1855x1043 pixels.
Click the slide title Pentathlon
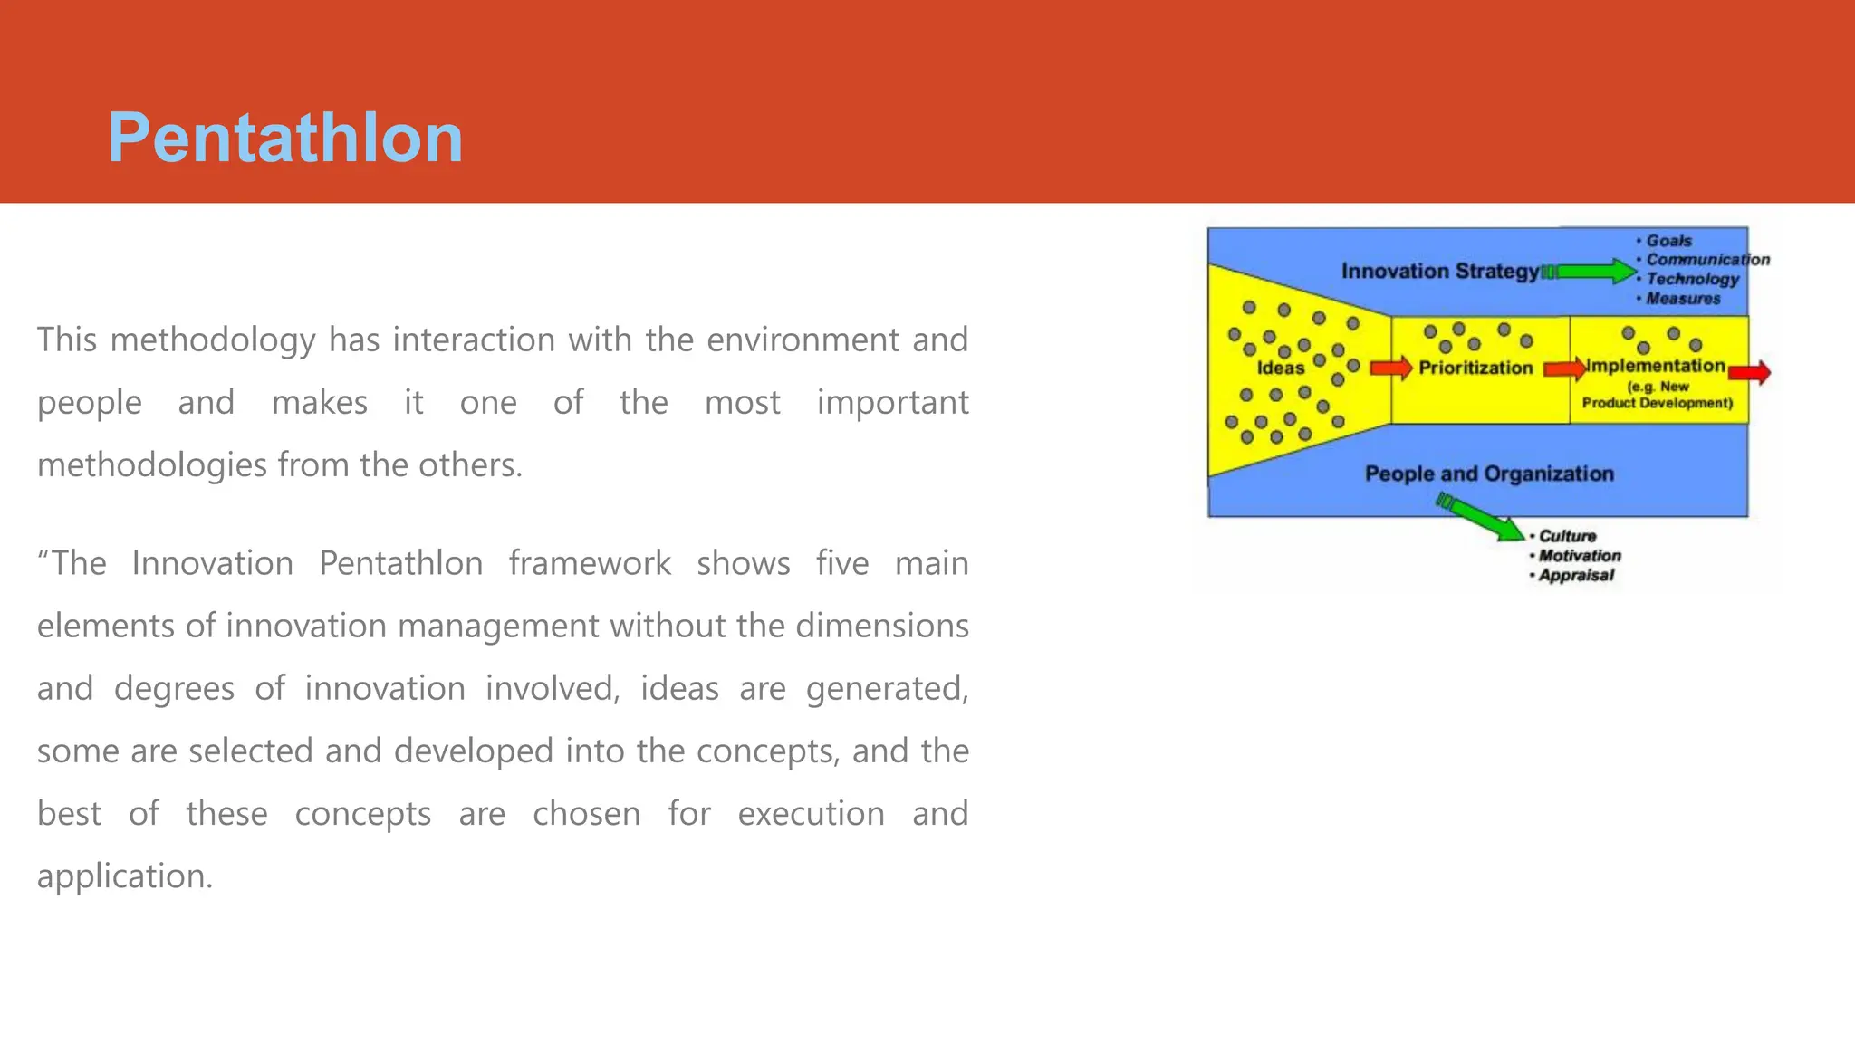(x=285, y=138)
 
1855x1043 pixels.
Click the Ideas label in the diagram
(x=1280, y=368)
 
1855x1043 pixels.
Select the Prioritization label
(x=1475, y=368)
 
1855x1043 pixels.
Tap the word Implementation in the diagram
(x=1655, y=366)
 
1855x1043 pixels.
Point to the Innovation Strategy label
(x=1439, y=271)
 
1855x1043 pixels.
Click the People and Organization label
(x=1489, y=474)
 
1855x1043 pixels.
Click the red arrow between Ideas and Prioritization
(x=1391, y=368)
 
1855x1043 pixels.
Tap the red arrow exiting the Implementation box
(x=1750, y=372)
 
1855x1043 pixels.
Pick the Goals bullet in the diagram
(x=1668, y=241)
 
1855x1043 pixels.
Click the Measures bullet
(x=1683, y=299)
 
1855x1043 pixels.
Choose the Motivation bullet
(x=1580, y=556)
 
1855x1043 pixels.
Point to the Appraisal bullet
(x=1576, y=576)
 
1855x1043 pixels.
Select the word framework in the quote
(x=589, y=563)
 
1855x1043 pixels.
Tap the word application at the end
(x=124, y=876)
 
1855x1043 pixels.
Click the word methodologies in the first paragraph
(x=152, y=465)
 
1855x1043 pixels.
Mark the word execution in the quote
(x=811, y=814)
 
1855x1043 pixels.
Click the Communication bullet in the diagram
(x=1707, y=260)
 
